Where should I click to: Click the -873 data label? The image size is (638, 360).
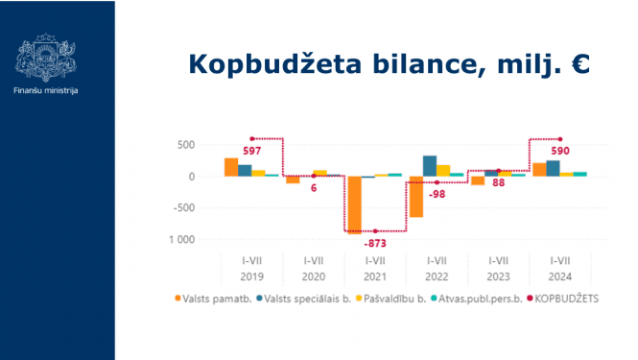point(375,244)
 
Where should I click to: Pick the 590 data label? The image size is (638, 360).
point(560,151)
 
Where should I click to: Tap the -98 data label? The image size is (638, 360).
point(437,194)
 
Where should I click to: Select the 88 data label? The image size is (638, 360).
point(499,182)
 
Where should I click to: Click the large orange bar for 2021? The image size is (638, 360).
point(355,204)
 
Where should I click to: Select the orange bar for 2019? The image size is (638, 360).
point(231,167)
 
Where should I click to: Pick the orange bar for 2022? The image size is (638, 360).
point(416,197)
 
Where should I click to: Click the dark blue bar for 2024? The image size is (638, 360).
point(553,168)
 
